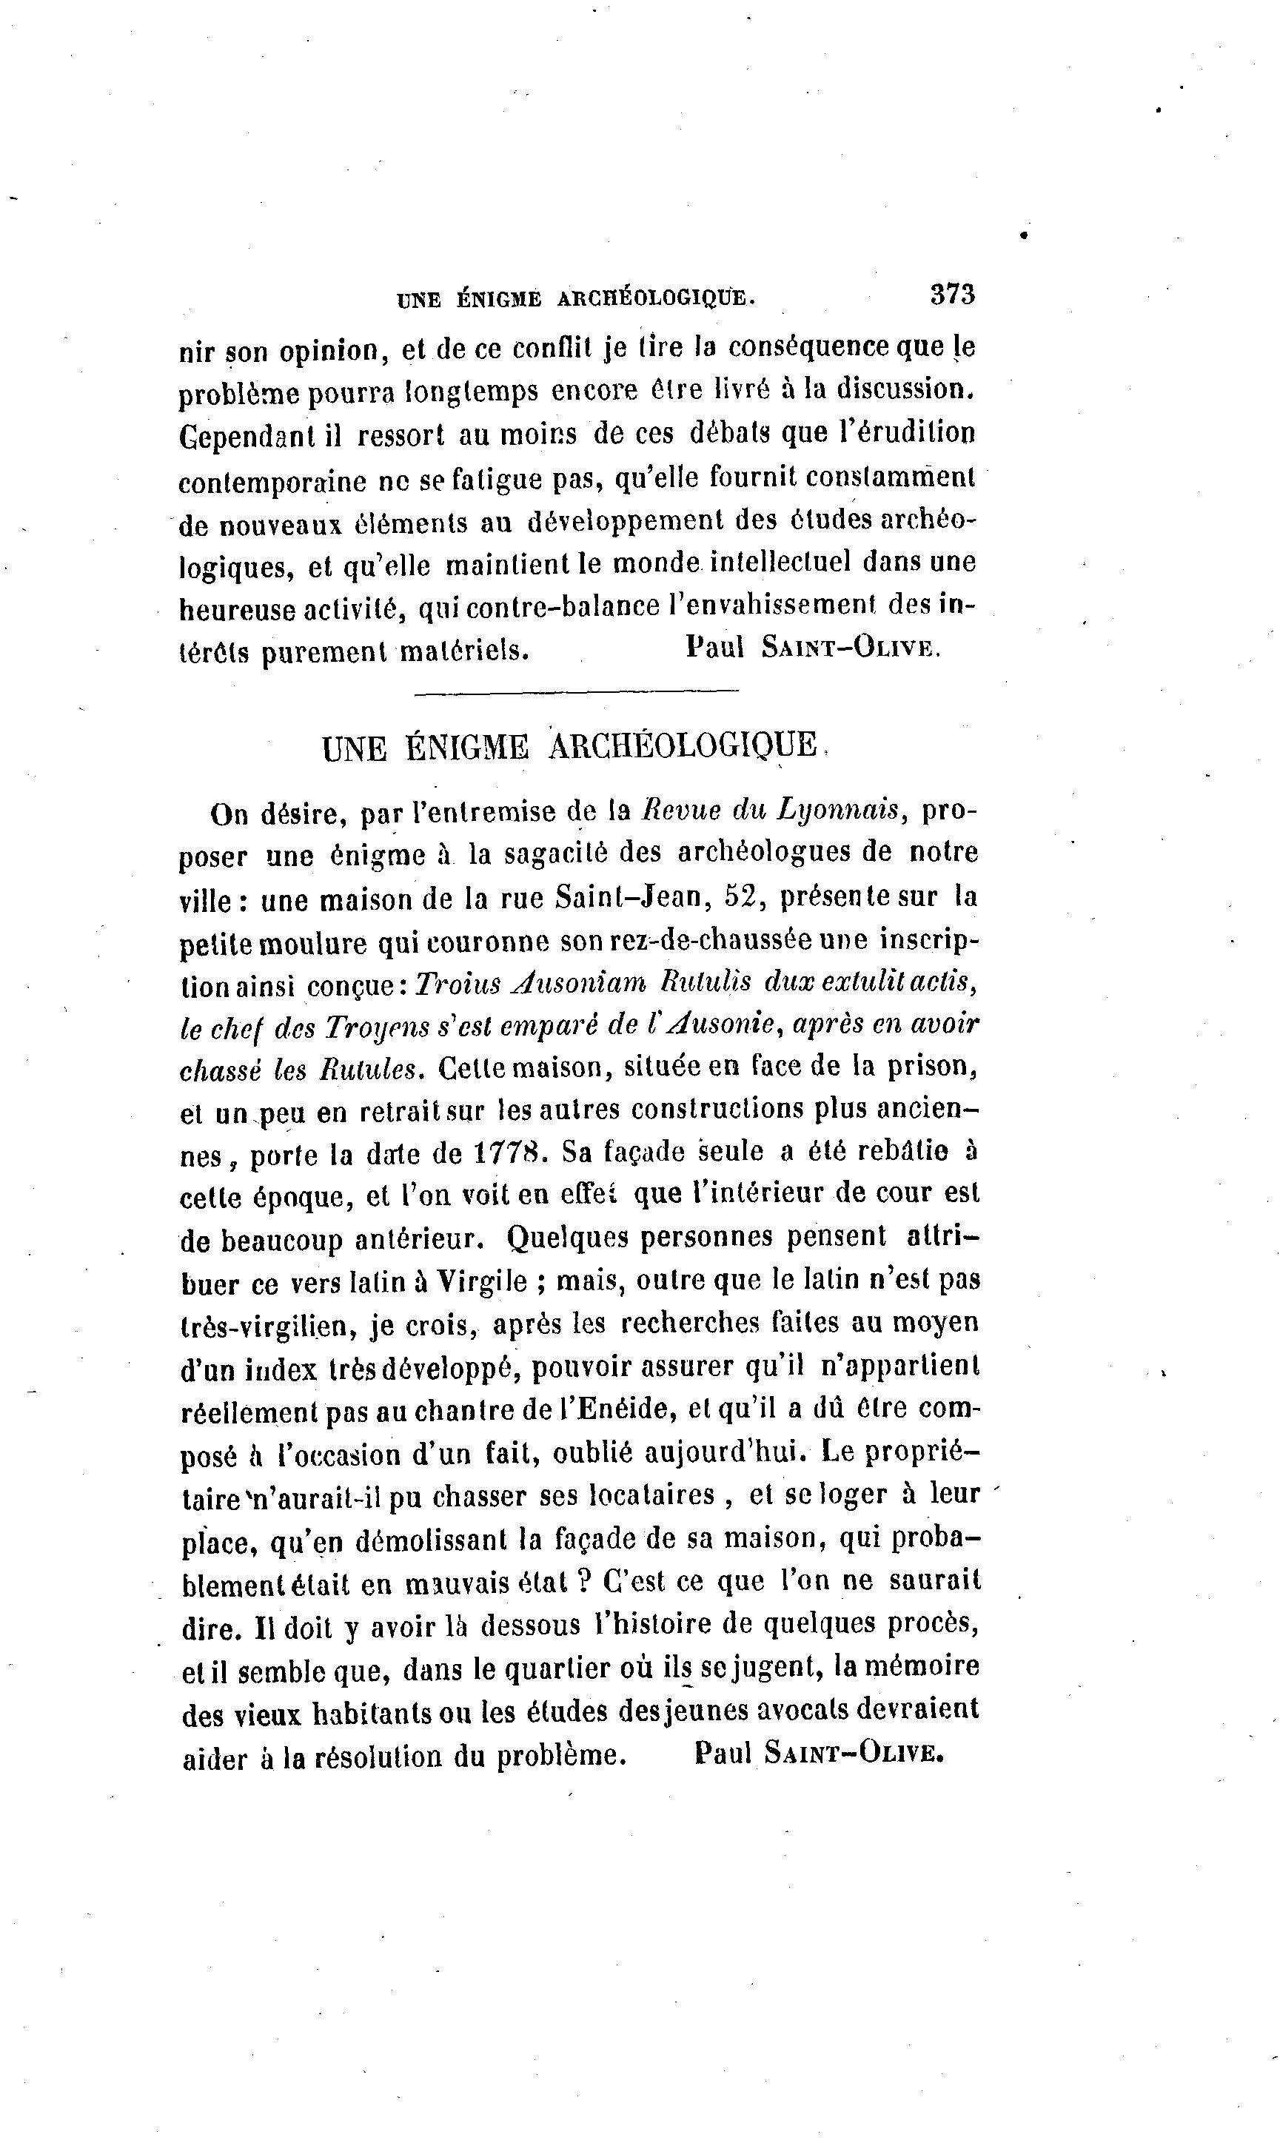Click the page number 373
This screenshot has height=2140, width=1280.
pyautogui.click(x=952, y=295)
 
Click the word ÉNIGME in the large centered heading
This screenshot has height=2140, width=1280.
pyautogui.click(x=466, y=747)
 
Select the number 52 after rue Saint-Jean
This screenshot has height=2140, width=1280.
pyautogui.click(x=744, y=896)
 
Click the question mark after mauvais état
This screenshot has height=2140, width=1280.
pyautogui.click(x=583, y=1581)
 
